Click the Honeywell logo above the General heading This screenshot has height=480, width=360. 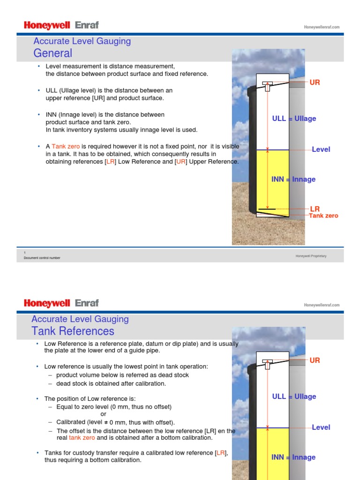[47, 25]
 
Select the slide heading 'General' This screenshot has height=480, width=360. [52, 53]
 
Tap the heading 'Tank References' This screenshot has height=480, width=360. [73, 331]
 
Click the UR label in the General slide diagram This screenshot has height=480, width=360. [315, 82]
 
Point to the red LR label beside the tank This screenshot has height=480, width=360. [315, 209]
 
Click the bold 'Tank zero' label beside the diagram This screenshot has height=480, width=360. [323, 216]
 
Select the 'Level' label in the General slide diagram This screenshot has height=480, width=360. [321, 150]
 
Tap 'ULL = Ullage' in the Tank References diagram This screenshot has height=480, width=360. [294, 397]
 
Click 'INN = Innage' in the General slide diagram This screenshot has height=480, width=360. [293, 180]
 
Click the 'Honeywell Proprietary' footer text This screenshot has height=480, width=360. [311, 256]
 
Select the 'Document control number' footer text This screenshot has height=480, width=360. [42, 258]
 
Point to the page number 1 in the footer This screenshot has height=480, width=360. [24, 253]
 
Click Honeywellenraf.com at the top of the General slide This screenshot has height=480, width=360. [322, 27]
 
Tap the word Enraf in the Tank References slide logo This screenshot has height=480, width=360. [87, 303]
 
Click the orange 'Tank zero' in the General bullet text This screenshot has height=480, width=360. [66, 147]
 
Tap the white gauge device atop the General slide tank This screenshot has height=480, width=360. [268, 86]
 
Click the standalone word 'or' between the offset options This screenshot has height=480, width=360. [104, 414]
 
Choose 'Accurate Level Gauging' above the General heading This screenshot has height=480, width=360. [81, 41]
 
